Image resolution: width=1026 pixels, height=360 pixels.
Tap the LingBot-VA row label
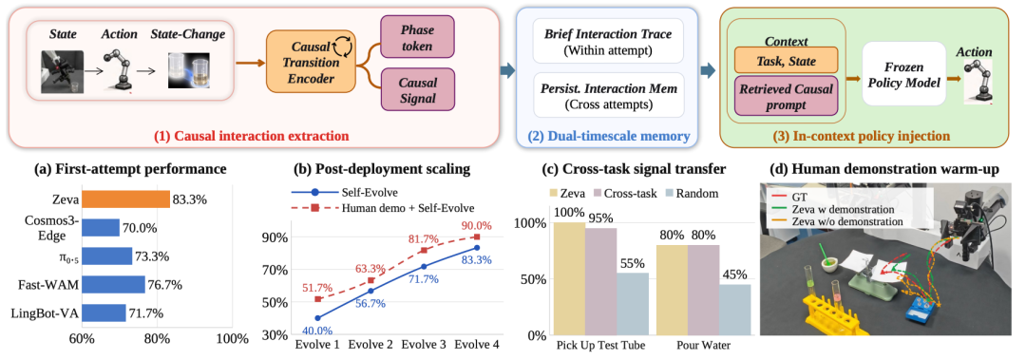(46, 313)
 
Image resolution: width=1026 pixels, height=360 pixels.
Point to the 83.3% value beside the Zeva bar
(190, 199)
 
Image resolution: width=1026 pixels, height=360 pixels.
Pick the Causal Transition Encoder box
(311, 63)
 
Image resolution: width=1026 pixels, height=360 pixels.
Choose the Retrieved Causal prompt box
(788, 96)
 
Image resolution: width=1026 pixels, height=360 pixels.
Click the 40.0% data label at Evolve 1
(317, 331)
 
